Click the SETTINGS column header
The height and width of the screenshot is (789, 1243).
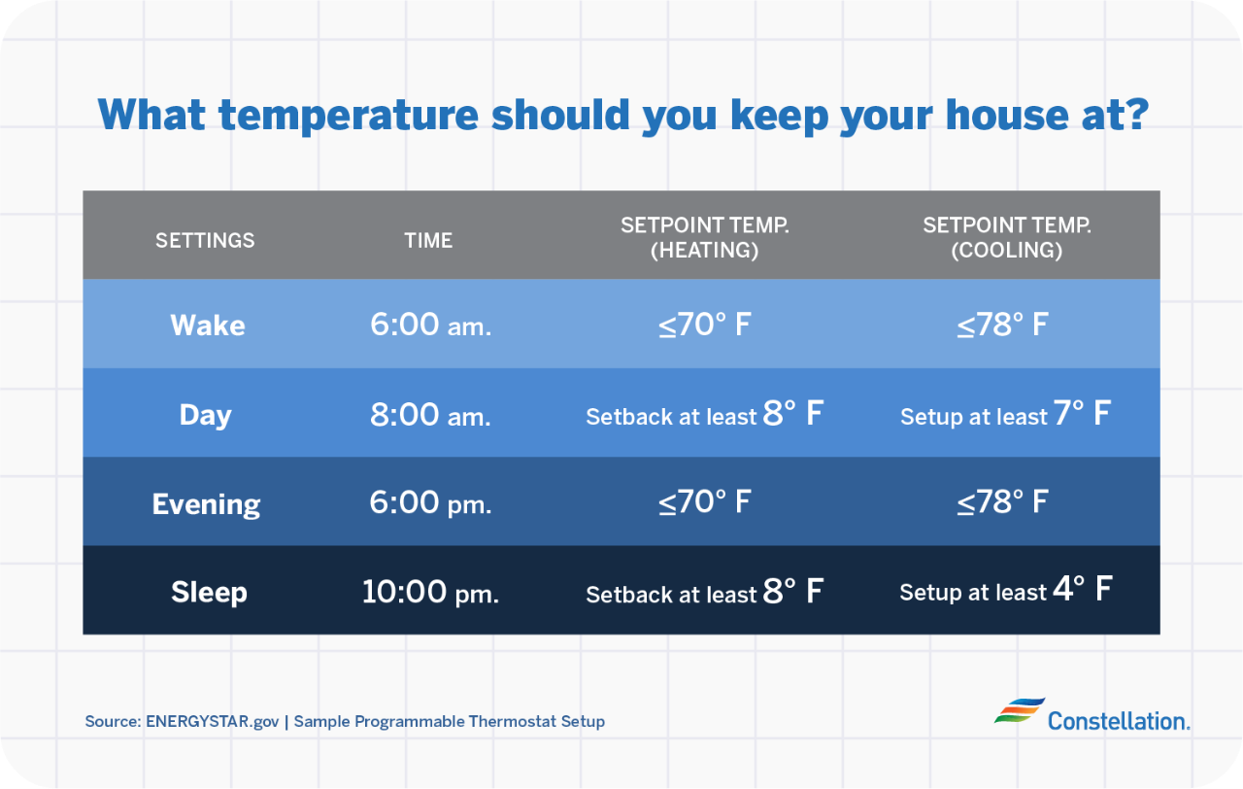pyautogui.click(x=205, y=240)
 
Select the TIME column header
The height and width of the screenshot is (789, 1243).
pyautogui.click(x=428, y=240)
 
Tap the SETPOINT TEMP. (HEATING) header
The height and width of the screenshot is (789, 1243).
pyautogui.click(x=704, y=238)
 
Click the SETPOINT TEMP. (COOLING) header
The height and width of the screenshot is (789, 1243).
pyautogui.click(x=1006, y=238)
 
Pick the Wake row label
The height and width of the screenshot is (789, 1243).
pyautogui.click(x=208, y=325)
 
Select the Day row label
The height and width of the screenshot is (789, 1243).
pyautogui.click(x=206, y=415)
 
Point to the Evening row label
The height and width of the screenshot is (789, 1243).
pyautogui.click(x=206, y=504)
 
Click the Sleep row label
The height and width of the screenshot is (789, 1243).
pyautogui.click(x=209, y=592)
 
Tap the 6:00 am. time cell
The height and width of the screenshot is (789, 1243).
pyautogui.click(x=430, y=325)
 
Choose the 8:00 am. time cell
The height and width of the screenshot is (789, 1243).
pyautogui.click(x=430, y=415)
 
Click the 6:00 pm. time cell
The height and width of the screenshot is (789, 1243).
pyautogui.click(x=430, y=503)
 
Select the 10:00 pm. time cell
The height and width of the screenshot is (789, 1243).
pyautogui.click(x=430, y=592)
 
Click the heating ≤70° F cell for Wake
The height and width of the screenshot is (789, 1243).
pyautogui.click(x=704, y=325)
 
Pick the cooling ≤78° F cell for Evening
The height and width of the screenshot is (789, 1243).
pyautogui.click(x=1002, y=502)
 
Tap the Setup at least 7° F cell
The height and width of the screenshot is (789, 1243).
pyautogui.click(x=1005, y=415)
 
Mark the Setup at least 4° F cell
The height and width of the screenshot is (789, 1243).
pyautogui.click(x=1005, y=591)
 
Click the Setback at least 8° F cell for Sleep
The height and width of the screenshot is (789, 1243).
pyautogui.click(x=704, y=592)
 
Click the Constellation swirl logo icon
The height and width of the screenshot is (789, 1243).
pyautogui.click(x=1019, y=711)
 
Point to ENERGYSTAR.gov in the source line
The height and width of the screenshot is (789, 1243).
pyautogui.click(x=212, y=722)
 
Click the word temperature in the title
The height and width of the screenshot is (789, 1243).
pyautogui.click(x=348, y=115)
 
